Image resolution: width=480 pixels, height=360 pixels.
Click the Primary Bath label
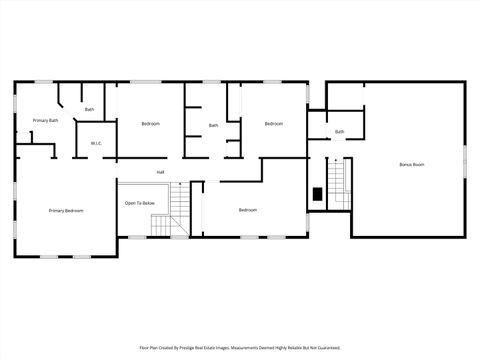point(45,120)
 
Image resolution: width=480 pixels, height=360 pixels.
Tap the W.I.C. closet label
point(96,143)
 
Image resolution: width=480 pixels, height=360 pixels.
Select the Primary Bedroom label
point(66,211)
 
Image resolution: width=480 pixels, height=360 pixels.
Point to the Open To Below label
point(139,203)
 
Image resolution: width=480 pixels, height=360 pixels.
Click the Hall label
point(160,172)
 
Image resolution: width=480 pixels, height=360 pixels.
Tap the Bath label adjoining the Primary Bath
point(89,109)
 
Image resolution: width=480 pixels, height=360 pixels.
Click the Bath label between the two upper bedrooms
point(213,125)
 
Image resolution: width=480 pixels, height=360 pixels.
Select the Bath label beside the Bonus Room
point(339,132)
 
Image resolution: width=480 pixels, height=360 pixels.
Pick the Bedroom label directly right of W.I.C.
point(150,123)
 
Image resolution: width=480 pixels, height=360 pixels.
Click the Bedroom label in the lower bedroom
point(247,210)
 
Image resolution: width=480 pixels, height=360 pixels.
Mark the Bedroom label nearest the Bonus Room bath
point(273,123)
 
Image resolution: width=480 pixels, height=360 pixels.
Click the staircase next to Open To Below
point(177,210)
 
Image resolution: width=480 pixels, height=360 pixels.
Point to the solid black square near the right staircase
point(317,194)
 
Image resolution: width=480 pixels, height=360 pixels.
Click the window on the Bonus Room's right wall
point(465,160)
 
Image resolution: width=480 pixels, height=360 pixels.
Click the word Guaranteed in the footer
point(326,348)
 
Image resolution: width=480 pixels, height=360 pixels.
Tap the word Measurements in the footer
point(262,348)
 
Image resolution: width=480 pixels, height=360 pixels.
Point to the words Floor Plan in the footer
point(150,348)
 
